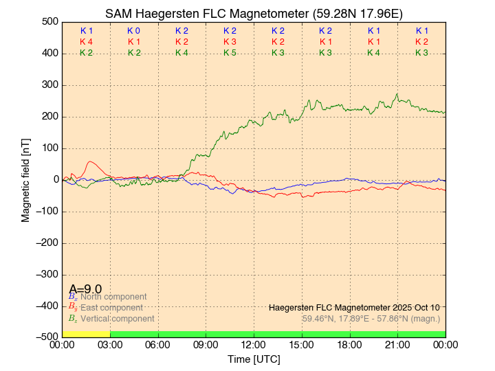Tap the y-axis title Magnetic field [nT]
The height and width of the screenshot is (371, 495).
point(25,179)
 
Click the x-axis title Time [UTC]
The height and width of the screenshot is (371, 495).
point(254,359)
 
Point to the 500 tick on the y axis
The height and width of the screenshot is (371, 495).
point(49,22)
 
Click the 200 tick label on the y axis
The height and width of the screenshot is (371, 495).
point(49,117)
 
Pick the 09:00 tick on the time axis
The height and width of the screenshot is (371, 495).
point(206,344)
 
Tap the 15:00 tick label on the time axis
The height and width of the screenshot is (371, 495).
point(302,344)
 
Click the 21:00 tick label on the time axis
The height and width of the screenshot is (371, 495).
point(397,344)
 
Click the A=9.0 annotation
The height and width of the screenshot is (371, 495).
point(85,289)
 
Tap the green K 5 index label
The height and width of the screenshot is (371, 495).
point(230,53)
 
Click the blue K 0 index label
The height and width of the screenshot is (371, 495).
point(133,31)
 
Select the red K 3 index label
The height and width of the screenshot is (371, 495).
point(230,42)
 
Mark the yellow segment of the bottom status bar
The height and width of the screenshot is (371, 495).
point(86,334)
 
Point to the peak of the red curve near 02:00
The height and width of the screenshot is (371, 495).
point(91,162)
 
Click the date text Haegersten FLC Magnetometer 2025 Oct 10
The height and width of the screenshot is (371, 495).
point(354,307)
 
